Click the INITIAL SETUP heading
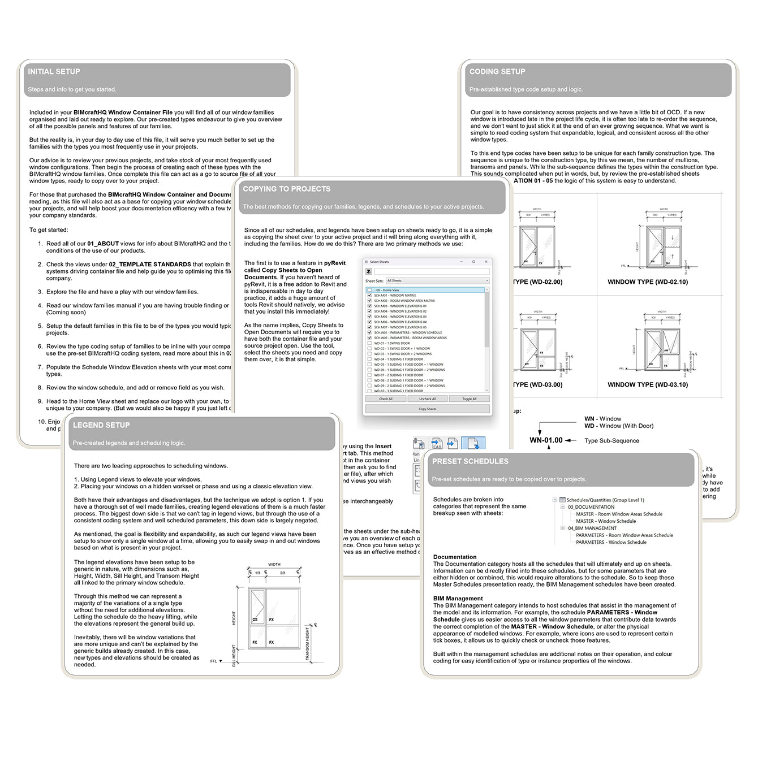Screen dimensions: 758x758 pyautogui.click(x=54, y=72)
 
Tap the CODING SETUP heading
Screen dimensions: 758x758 pyautogui.click(x=497, y=72)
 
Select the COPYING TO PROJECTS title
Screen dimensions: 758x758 pyautogui.click(x=286, y=189)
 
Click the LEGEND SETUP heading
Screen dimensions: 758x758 pyautogui.click(x=101, y=425)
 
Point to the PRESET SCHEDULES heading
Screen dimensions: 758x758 pyautogui.click(x=470, y=461)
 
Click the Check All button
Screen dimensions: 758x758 pyautogui.click(x=386, y=399)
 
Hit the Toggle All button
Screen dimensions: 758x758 pyautogui.click(x=469, y=399)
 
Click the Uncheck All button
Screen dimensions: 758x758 pyautogui.click(x=427, y=399)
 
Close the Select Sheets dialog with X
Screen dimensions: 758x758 pyautogui.click(x=486, y=262)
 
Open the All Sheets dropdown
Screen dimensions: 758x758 pyautogui.click(x=437, y=280)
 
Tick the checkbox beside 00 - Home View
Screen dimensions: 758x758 pyautogui.click(x=369, y=290)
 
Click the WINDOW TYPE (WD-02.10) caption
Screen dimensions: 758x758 pyautogui.click(x=648, y=281)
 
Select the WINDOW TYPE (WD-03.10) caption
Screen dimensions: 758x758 pyautogui.click(x=648, y=384)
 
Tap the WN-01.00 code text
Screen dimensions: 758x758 pyautogui.click(x=546, y=440)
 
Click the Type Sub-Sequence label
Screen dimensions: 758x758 pyautogui.click(x=611, y=441)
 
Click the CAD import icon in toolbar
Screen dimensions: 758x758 pyautogui.click(x=437, y=443)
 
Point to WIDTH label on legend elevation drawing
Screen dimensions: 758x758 pyautogui.click(x=274, y=564)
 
